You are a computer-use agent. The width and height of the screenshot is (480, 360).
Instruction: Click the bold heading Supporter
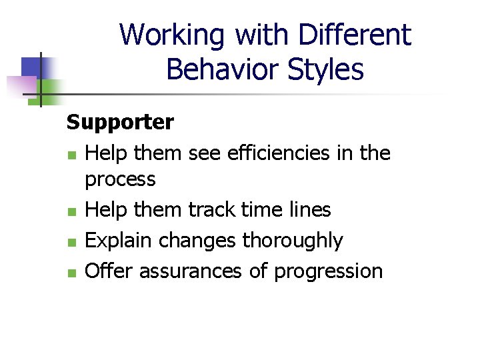[120, 122]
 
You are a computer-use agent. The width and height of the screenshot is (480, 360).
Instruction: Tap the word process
[120, 179]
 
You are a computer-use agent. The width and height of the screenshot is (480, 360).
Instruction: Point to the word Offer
[111, 271]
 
